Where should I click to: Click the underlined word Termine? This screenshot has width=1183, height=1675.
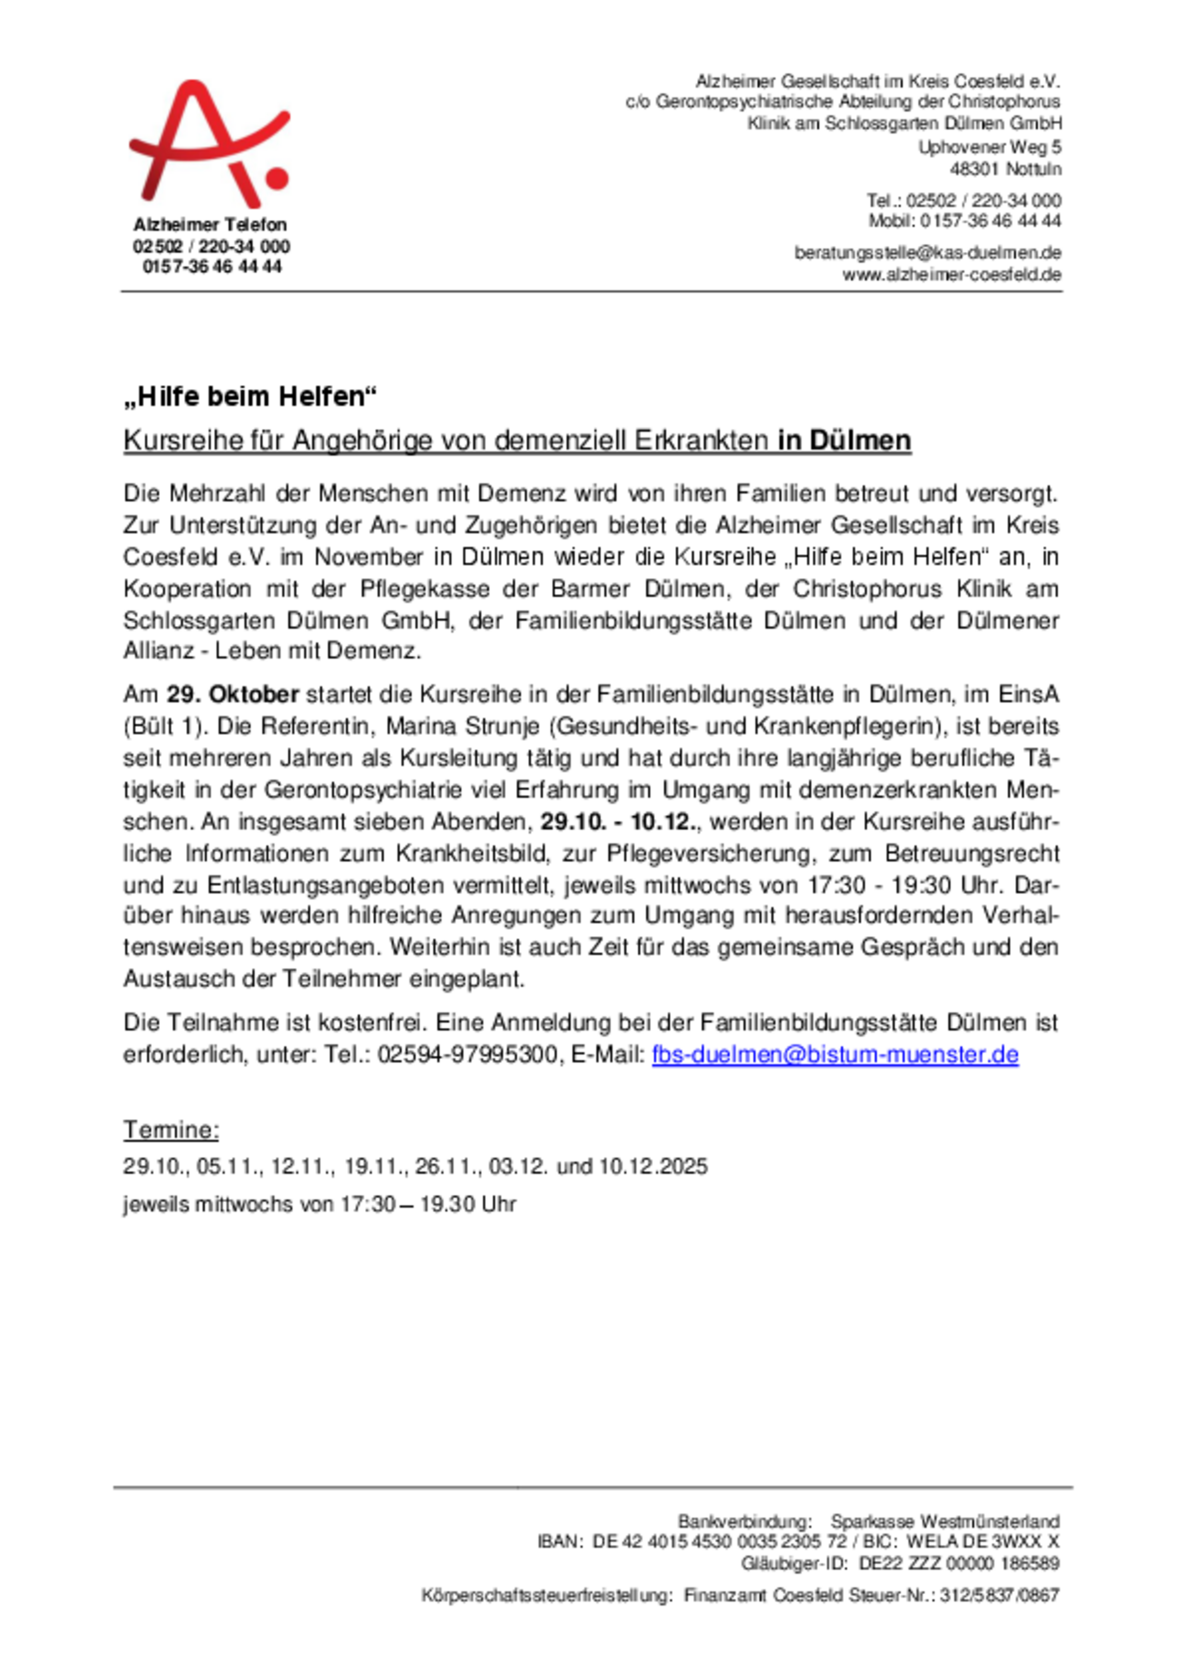[171, 1130]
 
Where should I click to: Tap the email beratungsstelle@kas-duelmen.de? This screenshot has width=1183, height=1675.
[927, 253]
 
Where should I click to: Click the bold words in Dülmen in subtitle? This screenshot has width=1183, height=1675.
[844, 440]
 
